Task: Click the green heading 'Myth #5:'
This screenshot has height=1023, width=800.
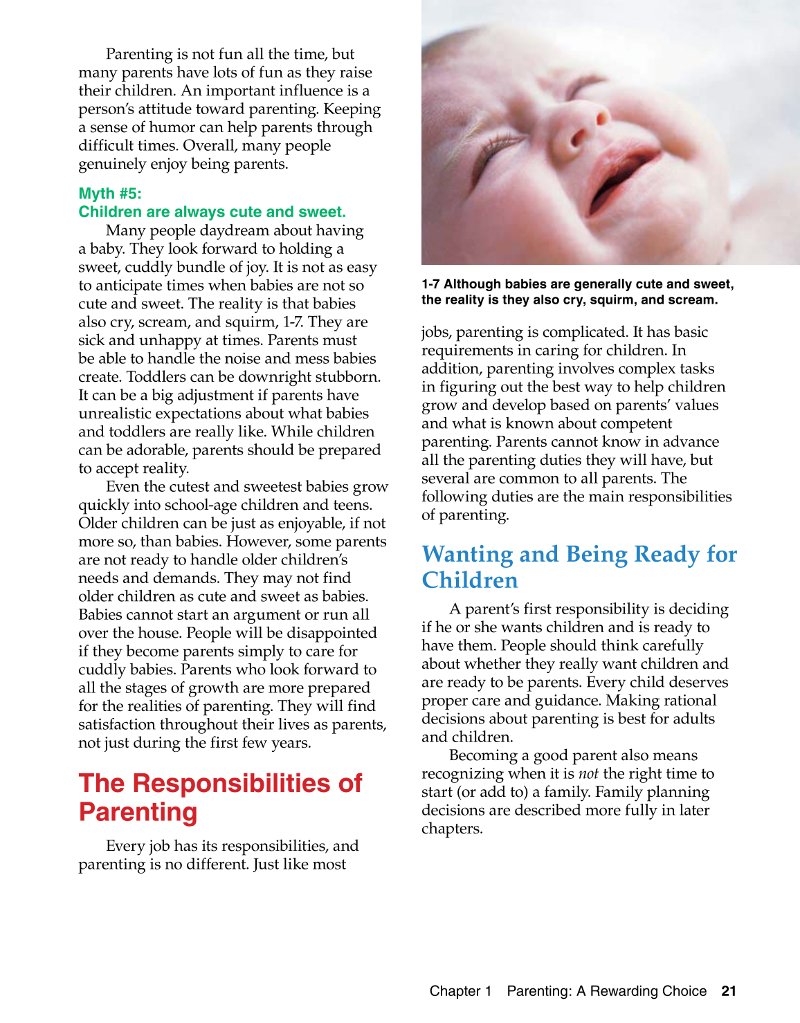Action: [110, 194]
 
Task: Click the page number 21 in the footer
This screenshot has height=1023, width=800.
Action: [728, 991]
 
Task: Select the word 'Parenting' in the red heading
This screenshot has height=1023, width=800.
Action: [138, 812]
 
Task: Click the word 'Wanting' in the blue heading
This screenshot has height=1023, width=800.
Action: [466, 555]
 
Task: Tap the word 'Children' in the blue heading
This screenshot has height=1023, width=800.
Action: [470, 580]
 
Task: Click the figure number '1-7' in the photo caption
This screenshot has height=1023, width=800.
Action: [430, 284]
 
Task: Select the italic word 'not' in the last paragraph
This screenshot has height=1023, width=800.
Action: [588, 774]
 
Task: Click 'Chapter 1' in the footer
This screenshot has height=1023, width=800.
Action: [460, 991]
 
